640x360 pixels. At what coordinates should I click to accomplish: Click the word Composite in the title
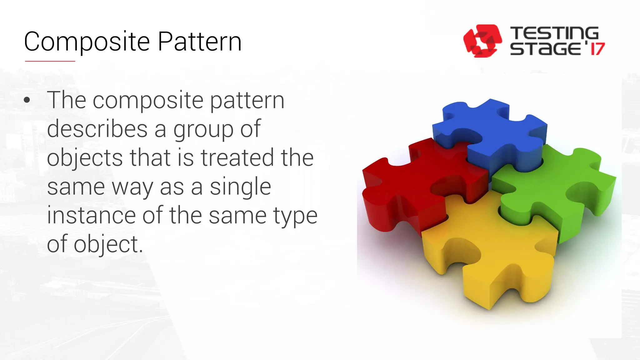coord(87,42)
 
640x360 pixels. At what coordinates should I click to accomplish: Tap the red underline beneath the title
coord(50,61)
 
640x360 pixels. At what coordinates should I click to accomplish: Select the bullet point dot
coord(27,100)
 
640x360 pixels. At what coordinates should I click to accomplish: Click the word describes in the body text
coord(97,129)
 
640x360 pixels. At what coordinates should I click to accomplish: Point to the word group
coord(203,129)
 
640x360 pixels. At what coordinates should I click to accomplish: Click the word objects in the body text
coord(85,158)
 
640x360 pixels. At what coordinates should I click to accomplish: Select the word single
coord(240,187)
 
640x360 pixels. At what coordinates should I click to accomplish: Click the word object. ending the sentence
coord(108,244)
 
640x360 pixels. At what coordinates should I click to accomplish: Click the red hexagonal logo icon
coord(482,41)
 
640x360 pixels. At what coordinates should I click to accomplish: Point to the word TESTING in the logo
coord(554,33)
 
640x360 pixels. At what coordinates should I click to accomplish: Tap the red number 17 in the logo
coord(597,49)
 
